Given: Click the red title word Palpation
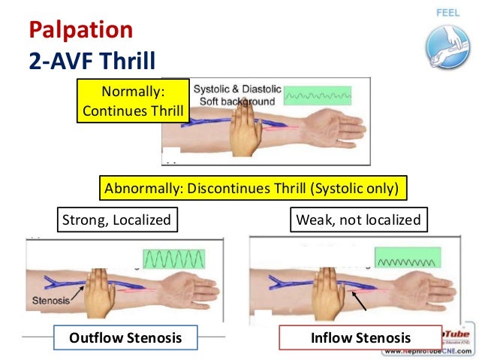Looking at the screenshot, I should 81,30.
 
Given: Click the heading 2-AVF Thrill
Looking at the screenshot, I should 92,60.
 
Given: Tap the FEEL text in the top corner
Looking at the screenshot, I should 447,13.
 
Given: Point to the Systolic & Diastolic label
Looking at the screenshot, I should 237,89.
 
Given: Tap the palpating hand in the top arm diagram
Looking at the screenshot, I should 243,129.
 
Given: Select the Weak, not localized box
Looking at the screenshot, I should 359,220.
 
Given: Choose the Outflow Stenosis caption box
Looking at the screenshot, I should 125,338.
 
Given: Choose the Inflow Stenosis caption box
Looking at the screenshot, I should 350,338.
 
